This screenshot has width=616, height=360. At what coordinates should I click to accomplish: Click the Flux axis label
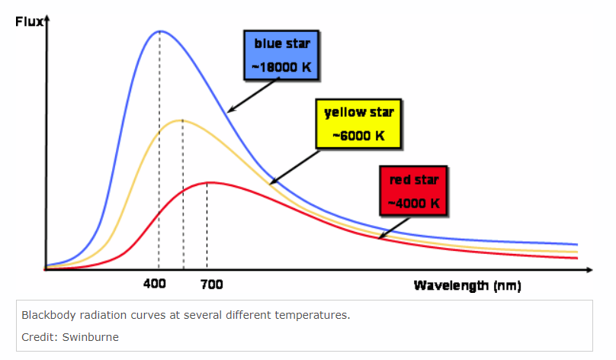[x=29, y=21]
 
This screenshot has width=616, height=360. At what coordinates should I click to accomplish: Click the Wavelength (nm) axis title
[x=467, y=285]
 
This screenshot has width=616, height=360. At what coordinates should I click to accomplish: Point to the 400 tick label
[x=155, y=284]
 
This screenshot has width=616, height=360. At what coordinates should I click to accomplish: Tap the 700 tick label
[x=212, y=284]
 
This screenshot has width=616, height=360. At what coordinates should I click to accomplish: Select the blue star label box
[x=281, y=56]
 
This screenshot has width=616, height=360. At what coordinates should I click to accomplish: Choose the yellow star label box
[x=358, y=124]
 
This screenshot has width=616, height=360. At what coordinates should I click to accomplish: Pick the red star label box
[x=414, y=191]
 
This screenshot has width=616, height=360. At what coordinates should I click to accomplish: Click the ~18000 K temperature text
[x=281, y=67]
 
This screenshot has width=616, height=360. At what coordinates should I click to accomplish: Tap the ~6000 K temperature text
[x=358, y=136]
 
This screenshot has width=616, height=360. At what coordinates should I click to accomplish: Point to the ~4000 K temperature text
[x=414, y=203]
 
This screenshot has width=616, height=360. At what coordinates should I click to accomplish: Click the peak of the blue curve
[x=160, y=31]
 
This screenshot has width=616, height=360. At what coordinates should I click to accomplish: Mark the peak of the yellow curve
[x=182, y=121]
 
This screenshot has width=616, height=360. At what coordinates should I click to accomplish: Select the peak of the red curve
[x=209, y=182]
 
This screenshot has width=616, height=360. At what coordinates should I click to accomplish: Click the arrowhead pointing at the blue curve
[x=231, y=110]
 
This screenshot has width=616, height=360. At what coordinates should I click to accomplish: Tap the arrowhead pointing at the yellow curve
[x=274, y=182]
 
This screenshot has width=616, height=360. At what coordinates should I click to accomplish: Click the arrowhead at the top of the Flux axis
[x=47, y=18]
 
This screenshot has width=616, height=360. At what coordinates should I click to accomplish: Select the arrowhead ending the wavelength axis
[x=589, y=269]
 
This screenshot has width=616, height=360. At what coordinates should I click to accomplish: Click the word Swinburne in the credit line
[x=91, y=337]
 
